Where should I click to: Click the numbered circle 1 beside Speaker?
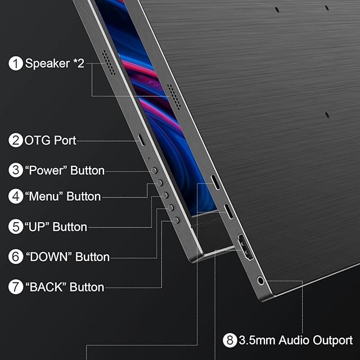(x=16, y=64)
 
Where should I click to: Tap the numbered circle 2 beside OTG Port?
(x=16, y=140)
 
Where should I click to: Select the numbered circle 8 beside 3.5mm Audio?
(x=230, y=340)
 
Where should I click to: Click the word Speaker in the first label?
(x=47, y=64)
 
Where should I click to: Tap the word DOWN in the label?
(x=49, y=256)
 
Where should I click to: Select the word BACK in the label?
(x=46, y=287)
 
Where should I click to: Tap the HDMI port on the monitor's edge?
(x=245, y=247)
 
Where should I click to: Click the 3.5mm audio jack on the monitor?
(x=261, y=280)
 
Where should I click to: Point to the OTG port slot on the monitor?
(x=142, y=139)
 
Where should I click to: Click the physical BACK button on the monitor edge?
(x=176, y=220)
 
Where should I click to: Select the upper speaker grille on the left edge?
(x=109, y=62)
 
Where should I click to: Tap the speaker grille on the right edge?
(x=174, y=97)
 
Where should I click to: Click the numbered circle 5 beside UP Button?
(x=16, y=227)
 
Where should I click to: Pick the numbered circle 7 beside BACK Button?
(x=16, y=287)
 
